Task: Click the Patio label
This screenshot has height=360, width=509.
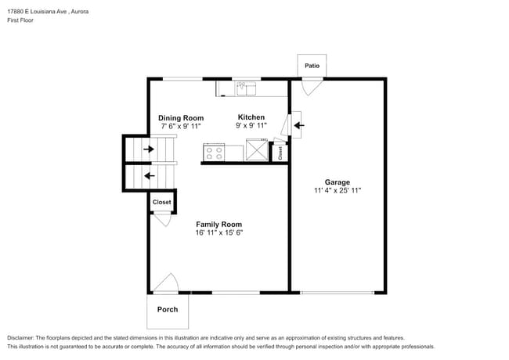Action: pos(312,66)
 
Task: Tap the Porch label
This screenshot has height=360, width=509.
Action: pos(168,309)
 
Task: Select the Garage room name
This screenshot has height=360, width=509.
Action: pos(338,182)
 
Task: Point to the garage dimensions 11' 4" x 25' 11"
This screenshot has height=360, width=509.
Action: pos(338,190)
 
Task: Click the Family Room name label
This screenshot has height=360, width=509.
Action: pos(218,225)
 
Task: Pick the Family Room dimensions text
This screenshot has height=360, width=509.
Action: pos(219,232)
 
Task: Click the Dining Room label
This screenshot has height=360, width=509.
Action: pos(181,118)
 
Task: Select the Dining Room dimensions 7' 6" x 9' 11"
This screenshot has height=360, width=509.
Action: pos(181,126)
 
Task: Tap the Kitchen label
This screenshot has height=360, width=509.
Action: pos(251,117)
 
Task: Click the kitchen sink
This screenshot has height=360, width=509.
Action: pos(246,88)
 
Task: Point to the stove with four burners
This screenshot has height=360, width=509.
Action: pos(214,153)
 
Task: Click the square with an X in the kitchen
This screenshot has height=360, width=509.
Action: pos(257,149)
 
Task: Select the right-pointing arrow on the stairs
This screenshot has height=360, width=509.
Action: pos(149,149)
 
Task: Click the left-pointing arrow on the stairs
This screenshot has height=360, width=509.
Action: pos(150,176)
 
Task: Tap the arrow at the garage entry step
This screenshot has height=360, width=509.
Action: pos(299,125)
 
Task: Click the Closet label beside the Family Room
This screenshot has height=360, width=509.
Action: pos(161,202)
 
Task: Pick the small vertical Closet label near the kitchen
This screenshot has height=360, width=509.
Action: pos(280,153)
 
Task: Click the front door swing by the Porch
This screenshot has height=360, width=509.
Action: pos(166,283)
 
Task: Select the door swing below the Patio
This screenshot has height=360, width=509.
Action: pos(312,86)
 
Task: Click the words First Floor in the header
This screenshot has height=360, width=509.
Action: pos(20,20)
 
